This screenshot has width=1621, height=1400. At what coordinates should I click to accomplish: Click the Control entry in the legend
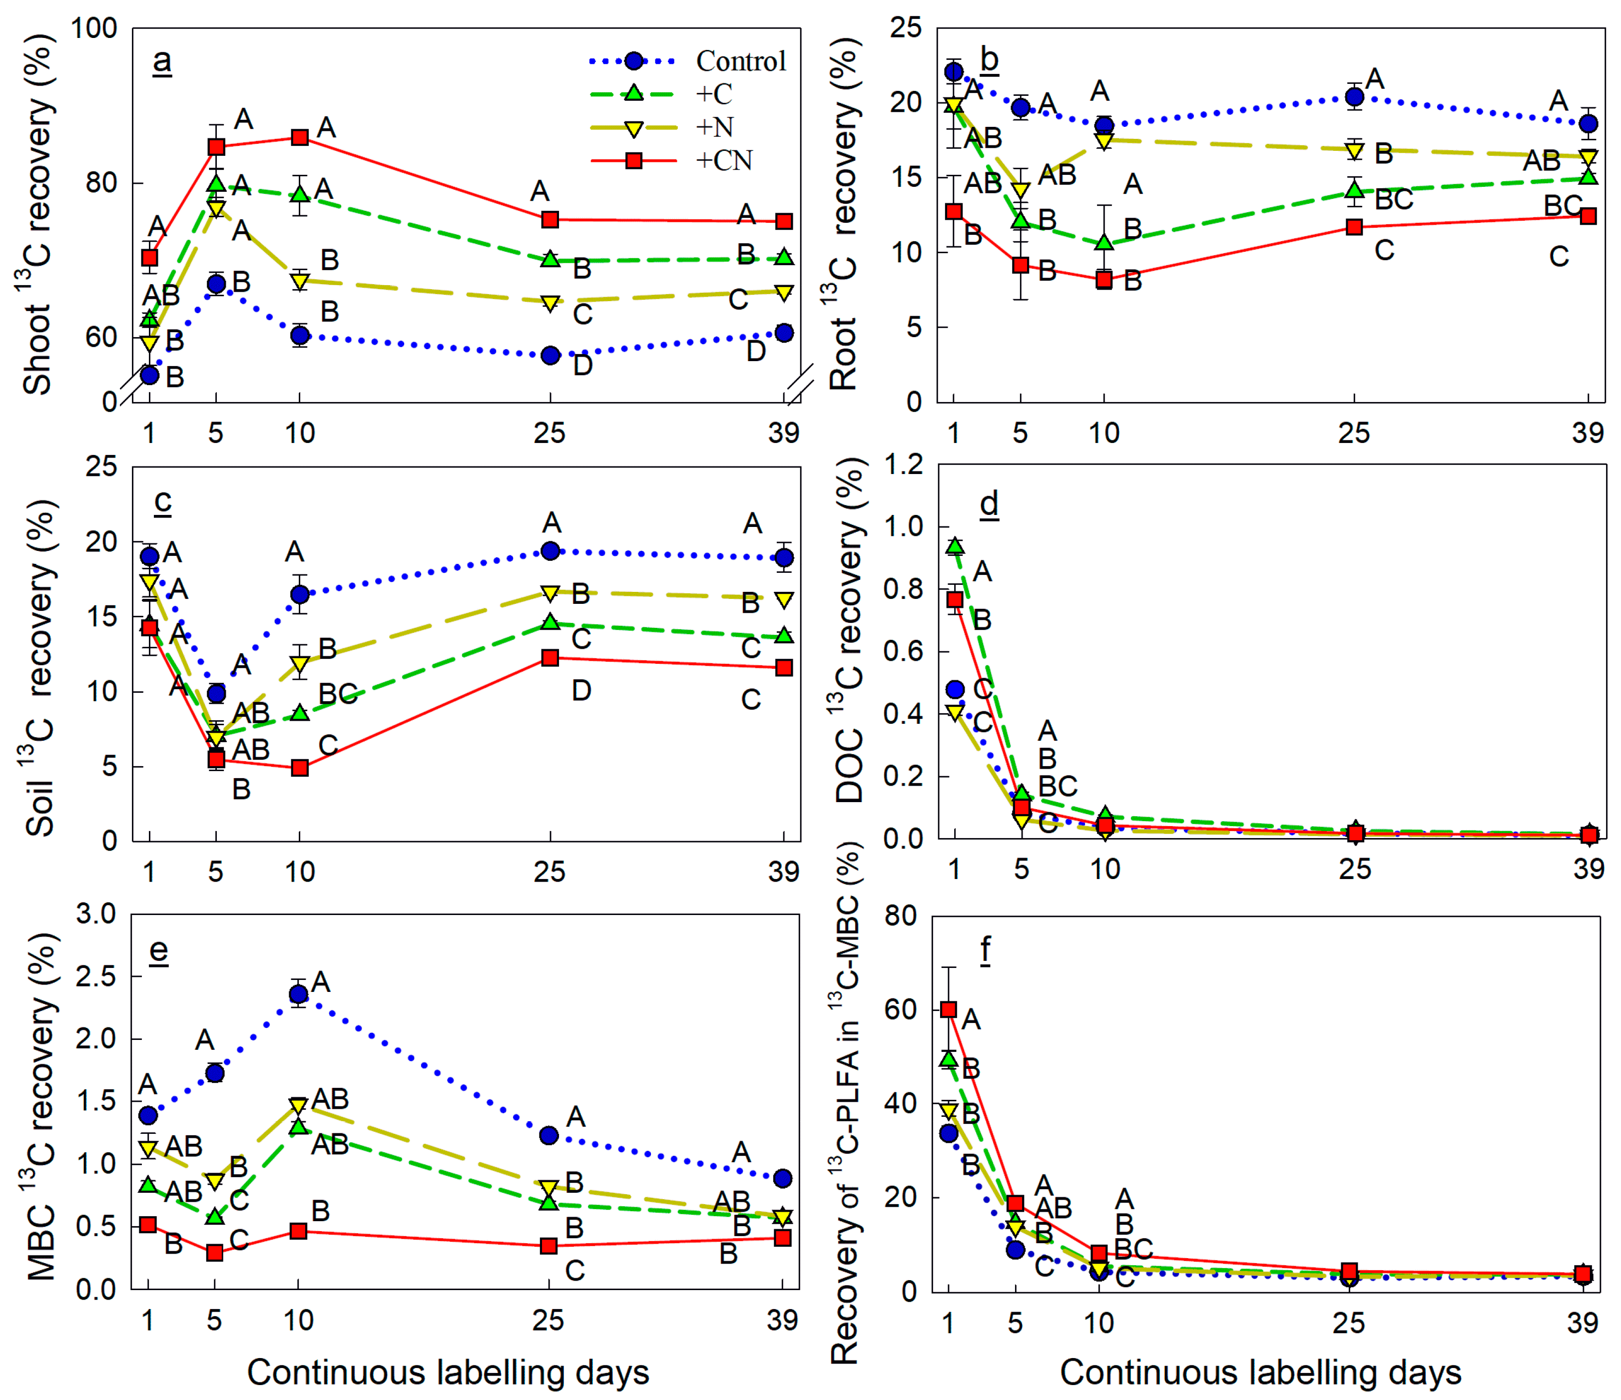coord(741,61)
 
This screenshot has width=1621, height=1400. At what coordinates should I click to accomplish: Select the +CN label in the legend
coord(724,160)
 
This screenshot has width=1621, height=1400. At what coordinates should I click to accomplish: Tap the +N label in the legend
coord(715,127)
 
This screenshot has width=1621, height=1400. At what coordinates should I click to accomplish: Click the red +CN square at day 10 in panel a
coord(300,138)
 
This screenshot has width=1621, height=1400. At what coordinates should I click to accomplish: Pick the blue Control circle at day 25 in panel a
coord(550,356)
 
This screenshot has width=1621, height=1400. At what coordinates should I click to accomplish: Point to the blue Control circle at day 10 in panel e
coord(298,994)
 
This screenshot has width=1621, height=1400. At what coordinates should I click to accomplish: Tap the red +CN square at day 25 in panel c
coord(550,658)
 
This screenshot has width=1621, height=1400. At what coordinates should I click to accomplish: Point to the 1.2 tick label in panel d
coord(903,466)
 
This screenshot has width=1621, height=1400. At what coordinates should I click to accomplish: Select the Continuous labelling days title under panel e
coord(448,1373)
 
